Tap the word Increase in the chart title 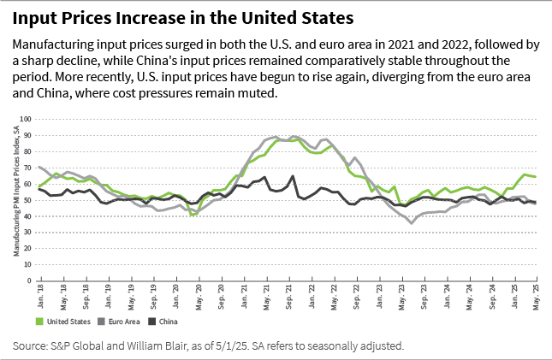click(138, 18)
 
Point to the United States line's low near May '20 click(193, 215)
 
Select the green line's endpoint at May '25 click(536, 176)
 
